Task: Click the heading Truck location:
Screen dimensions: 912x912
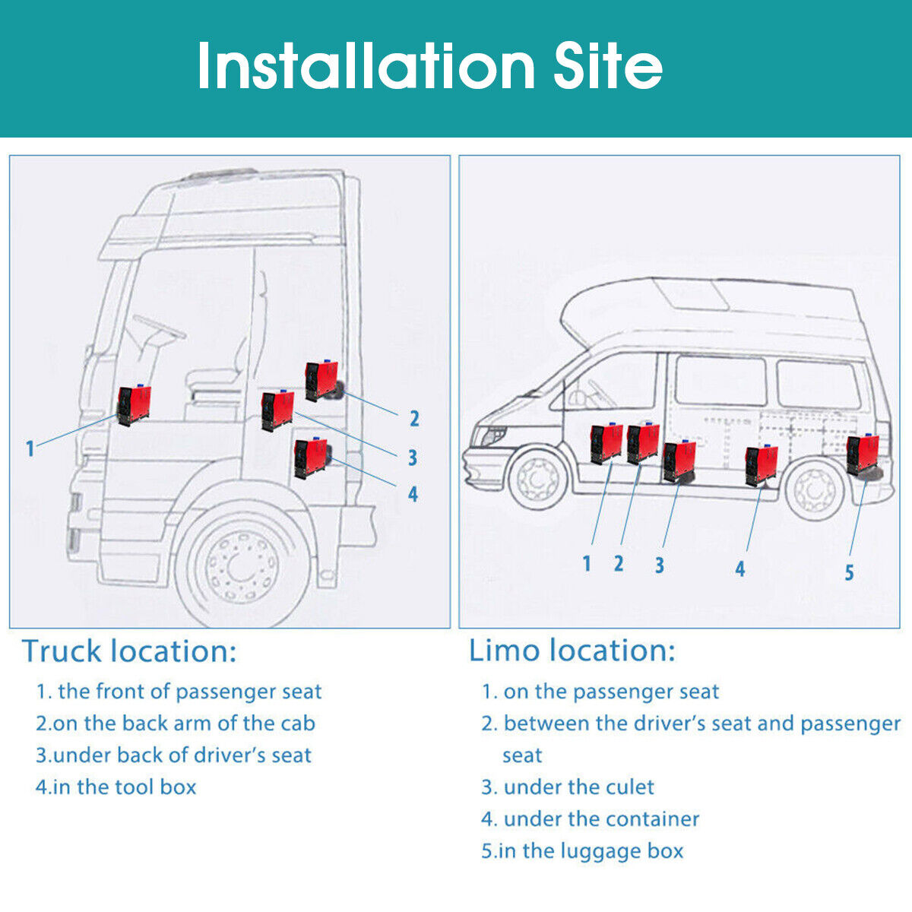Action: (129, 651)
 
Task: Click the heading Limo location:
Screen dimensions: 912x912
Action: (572, 651)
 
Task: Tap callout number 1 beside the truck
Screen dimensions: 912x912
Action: (30, 448)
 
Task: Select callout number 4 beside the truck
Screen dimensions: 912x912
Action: (413, 494)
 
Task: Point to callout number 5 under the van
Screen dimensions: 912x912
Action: (849, 572)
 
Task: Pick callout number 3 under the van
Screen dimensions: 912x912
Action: (659, 565)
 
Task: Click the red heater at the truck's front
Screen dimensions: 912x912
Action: (134, 404)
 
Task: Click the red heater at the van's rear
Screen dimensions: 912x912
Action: (863, 455)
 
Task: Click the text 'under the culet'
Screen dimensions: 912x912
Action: (578, 787)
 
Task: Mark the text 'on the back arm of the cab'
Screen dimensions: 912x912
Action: (183, 723)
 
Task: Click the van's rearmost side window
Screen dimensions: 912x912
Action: (818, 384)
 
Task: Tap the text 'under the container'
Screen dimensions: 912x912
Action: (601, 819)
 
